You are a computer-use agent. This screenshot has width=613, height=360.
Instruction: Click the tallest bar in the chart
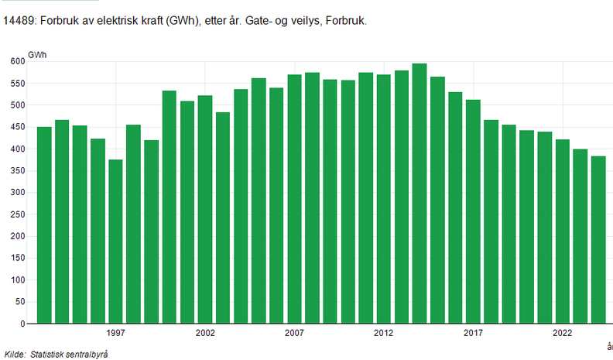(420, 194)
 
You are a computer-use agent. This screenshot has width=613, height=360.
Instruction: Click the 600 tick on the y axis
(17, 61)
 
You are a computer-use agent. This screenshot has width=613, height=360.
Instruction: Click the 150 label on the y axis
(17, 258)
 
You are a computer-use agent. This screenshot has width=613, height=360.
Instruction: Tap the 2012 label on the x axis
(384, 333)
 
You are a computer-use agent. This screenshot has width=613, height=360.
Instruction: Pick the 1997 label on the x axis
(116, 333)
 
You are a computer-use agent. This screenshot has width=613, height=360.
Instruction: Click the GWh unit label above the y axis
(36, 53)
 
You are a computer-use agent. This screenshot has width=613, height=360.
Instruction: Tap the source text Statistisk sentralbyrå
(69, 353)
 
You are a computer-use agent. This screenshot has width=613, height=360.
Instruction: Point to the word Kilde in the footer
(15, 353)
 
